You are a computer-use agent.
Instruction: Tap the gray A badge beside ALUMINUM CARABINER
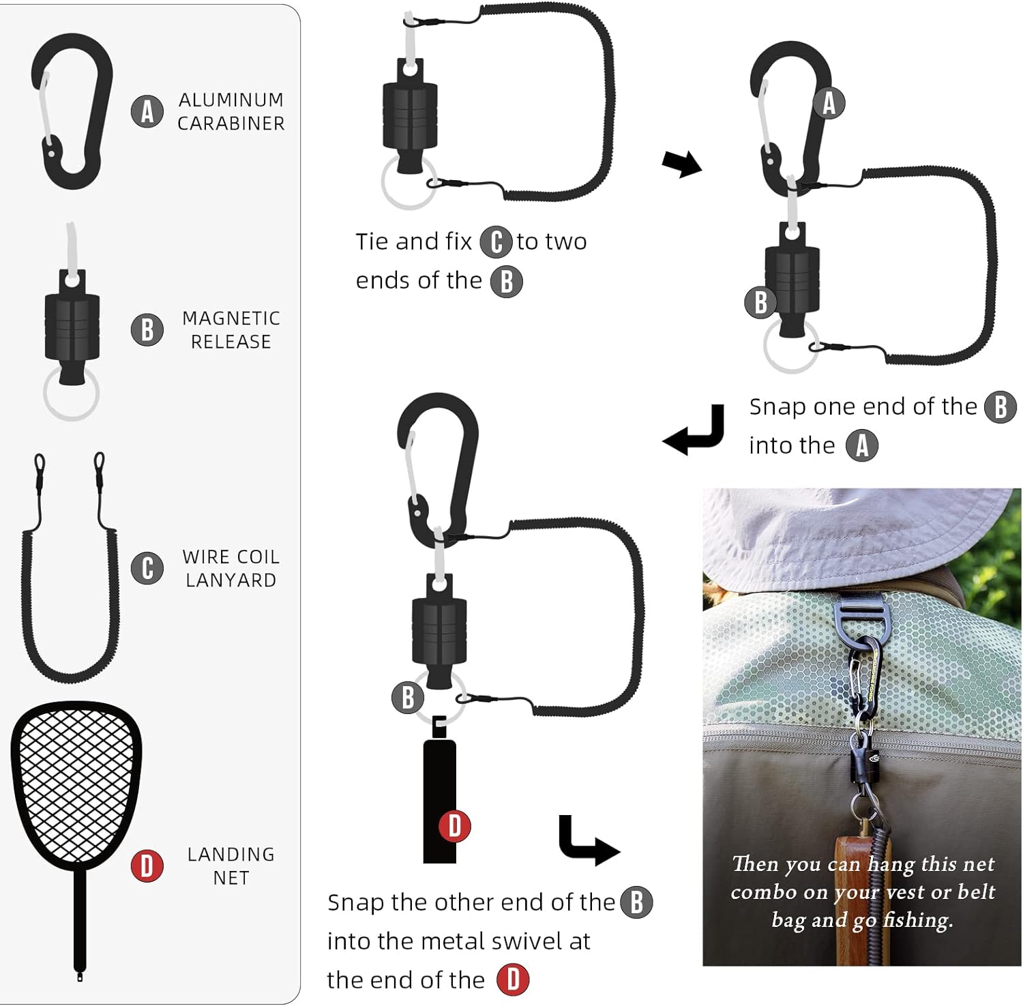[x=147, y=111]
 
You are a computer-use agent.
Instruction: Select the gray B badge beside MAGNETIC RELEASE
[x=147, y=329]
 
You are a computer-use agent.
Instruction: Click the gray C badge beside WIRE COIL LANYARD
[x=147, y=568]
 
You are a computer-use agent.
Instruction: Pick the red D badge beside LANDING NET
[x=147, y=866]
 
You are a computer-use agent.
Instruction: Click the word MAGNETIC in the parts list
[x=231, y=319]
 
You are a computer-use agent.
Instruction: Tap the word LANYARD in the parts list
[x=231, y=580]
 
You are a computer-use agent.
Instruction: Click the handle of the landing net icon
[x=80, y=921]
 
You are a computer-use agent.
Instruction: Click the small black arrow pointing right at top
[x=681, y=164]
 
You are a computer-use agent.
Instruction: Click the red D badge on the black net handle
[x=455, y=826]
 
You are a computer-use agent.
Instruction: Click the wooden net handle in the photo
[x=861, y=900]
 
